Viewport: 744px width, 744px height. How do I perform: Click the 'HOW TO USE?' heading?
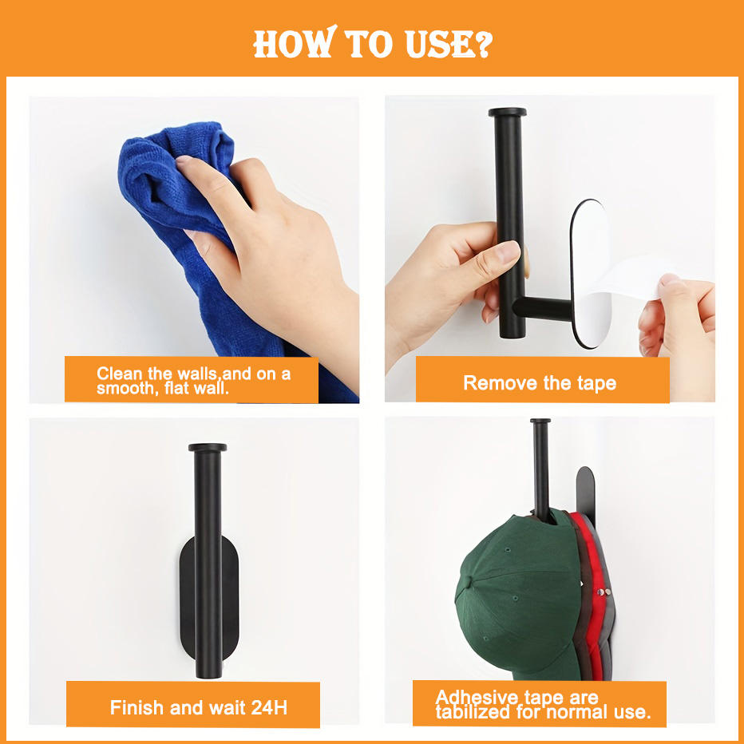pos(372,44)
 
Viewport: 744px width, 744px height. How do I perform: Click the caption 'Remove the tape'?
pos(540,382)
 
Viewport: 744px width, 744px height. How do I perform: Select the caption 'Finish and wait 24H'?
pos(198,707)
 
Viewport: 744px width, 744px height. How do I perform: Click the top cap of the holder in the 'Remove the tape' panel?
pos(507,113)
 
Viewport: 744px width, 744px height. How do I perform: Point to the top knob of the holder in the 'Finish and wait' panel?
pos(208,448)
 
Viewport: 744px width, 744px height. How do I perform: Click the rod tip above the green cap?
pos(540,422)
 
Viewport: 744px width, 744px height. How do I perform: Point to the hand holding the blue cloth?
pos(271,247)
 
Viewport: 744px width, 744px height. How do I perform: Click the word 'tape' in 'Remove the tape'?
pos(593,382)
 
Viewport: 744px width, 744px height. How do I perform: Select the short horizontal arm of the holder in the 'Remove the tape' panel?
pos(543,307)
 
